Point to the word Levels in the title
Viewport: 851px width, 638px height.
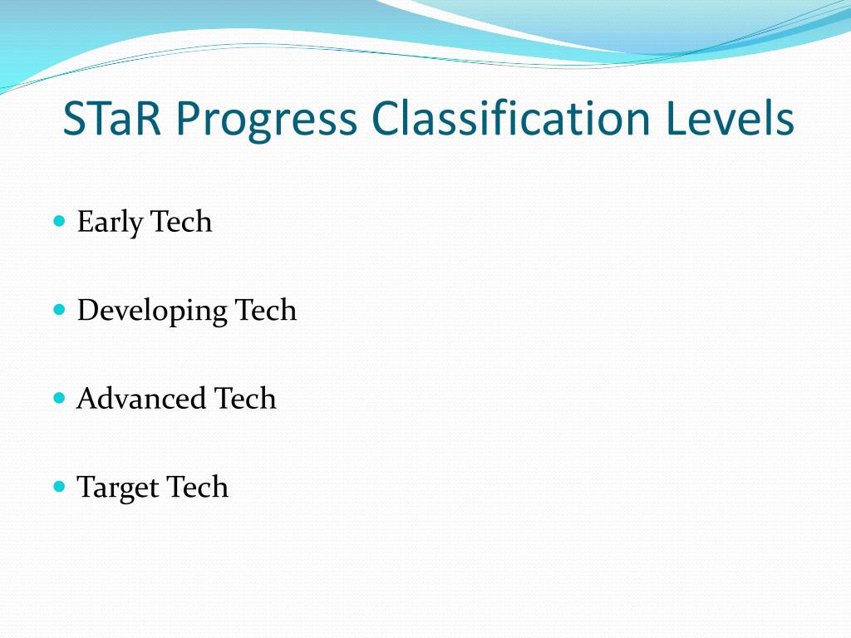(x=730, y=119)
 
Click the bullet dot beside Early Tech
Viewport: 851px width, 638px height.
(x=59, y=221)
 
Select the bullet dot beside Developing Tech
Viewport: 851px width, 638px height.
(x=59, y=309)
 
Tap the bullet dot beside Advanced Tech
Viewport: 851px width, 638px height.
(x=59, y=398)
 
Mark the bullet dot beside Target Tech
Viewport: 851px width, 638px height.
(x=59, y=486)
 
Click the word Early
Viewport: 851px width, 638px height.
(x=110, y=223)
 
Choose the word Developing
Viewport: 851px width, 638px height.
(x=152, y=312)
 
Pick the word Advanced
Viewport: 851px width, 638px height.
(x=140, y=399)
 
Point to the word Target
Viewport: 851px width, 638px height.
(x=117, y=488)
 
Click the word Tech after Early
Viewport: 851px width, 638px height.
(x=181, y=222)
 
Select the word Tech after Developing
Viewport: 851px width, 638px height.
(x=266, y=310)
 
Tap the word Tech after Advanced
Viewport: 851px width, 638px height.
(x=245, y=399)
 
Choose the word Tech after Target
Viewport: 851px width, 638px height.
(x=197, y=487)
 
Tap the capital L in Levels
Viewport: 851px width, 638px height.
(x=674, y=119)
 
